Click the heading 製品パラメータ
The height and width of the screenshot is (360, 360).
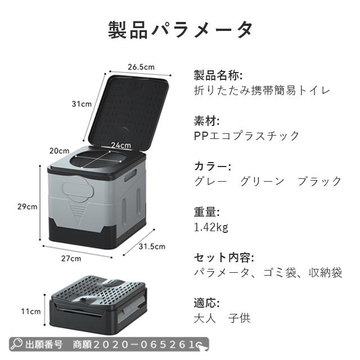180,29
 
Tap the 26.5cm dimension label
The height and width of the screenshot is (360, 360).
141,67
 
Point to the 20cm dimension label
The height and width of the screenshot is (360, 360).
59,151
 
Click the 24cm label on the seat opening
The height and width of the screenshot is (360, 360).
120,145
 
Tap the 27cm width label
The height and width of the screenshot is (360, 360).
71,258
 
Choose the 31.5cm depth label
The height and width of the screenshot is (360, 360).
152,246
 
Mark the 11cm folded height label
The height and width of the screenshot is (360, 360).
31,311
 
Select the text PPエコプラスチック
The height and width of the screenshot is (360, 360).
246,136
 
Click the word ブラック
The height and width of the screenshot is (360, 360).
319,181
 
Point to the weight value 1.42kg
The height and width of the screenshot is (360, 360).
211,227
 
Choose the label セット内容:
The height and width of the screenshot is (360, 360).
224,258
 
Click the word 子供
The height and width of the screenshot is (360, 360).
239,318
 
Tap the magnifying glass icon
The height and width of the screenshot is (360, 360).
17,343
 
